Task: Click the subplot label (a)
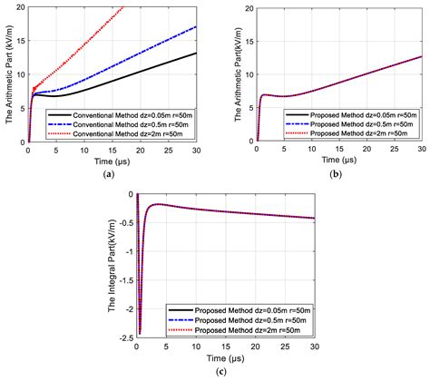click(x=110, y=172)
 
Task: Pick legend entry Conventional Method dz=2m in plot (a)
click(x=119, y=133)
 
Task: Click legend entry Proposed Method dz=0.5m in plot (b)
click(x=351, y=123)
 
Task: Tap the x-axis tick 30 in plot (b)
click(x=421, y=149)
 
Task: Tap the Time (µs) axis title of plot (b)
click(x=338, y=161)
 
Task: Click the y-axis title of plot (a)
click(x=8, y=74)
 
